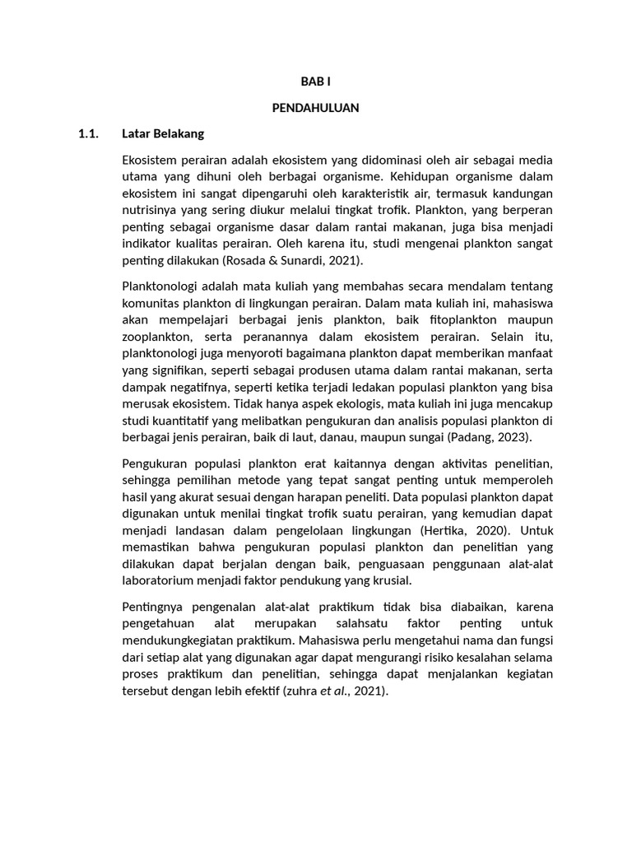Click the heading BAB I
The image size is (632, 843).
pyautogui.click(x=315, y=82)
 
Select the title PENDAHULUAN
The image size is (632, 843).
pyautogui.click(x=315, y=108)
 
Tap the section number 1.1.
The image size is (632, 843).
pyautogui.click(x=88, y=133)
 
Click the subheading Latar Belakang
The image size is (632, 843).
pyautogui.click(x=163, y=133)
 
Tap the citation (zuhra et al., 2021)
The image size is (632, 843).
pyautogui.click(x=334, y=692)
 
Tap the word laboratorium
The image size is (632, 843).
pyautogui.click(x=159, y=581)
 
